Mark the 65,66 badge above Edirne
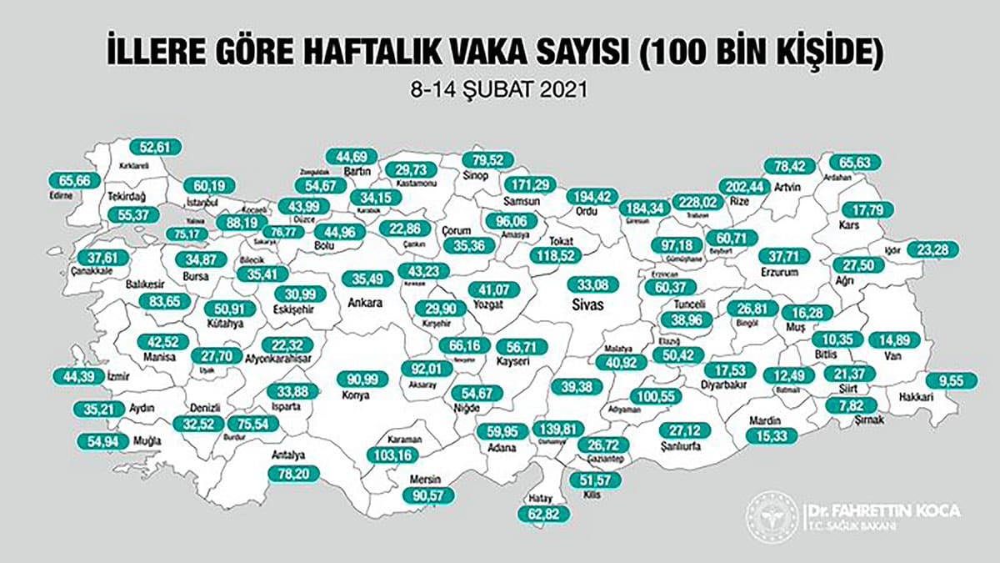74,179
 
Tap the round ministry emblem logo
771,512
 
